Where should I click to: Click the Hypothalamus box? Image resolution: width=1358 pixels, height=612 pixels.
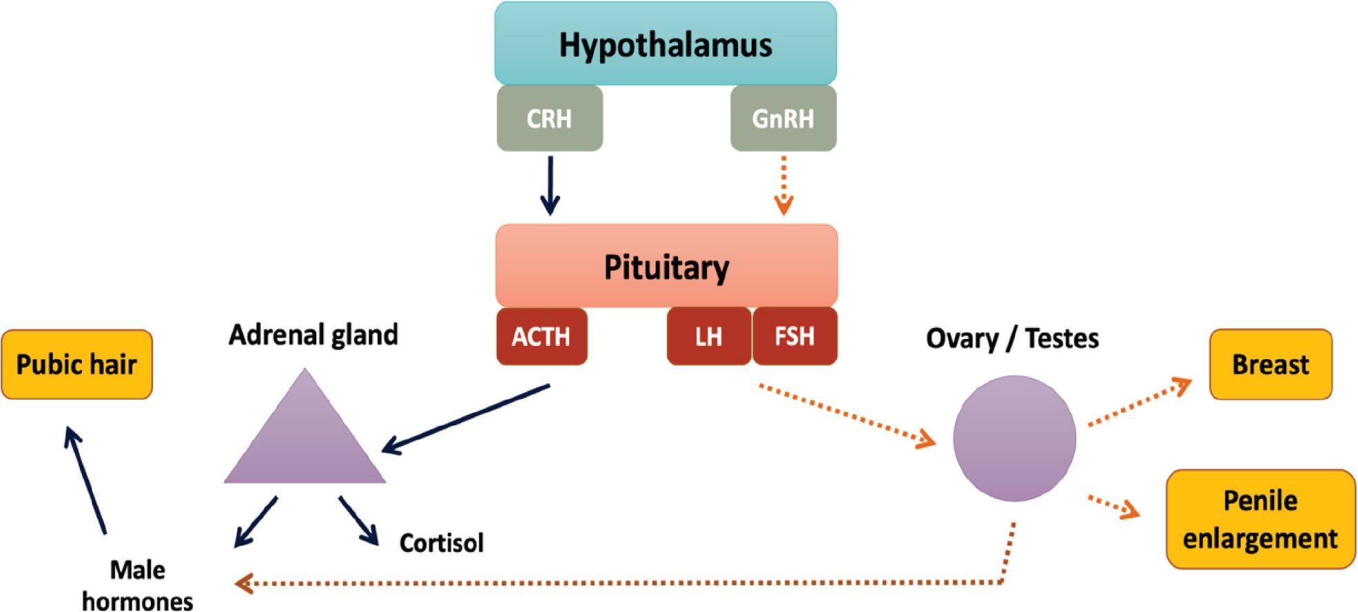(x=666, y=43)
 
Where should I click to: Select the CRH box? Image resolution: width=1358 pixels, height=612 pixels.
(x=549, y=118)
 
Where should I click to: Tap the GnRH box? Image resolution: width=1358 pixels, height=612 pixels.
(x=783, y=118)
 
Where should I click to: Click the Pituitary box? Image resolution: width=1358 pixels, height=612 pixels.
(x=666, y=266)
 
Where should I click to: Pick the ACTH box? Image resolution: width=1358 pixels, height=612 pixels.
(x=542, y=336)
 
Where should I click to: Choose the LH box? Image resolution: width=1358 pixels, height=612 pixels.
(x=708, y=336)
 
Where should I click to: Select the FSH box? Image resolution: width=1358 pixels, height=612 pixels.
(x=794, y=336)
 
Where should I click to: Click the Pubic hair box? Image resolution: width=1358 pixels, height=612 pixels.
(x=76, y=365)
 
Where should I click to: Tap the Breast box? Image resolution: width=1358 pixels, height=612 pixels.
(x=1270, y=365)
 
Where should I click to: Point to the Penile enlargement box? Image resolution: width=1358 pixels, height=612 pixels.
(x=1260, y=520)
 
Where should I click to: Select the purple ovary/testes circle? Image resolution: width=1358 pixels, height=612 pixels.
(x=1014, y=438)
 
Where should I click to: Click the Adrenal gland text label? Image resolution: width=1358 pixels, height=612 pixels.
(x=313, y=335)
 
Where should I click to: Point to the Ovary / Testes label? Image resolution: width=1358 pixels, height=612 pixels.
(x=1012, y=338)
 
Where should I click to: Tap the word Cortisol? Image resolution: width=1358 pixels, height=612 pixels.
(x=442, y=543)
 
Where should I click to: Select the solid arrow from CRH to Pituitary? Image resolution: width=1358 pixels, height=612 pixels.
(x=550, y=185)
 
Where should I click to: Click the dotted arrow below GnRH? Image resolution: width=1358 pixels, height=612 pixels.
(x=783, y=185)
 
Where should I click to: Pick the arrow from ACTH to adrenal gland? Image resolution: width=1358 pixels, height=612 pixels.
(x=466, y=419)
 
